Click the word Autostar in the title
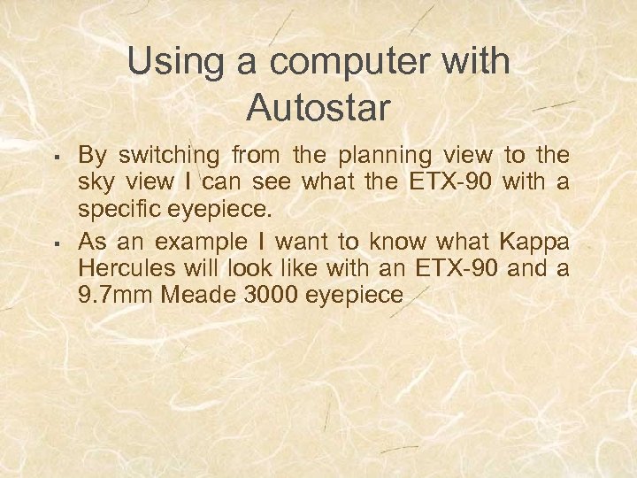click(x=318, y=107)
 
